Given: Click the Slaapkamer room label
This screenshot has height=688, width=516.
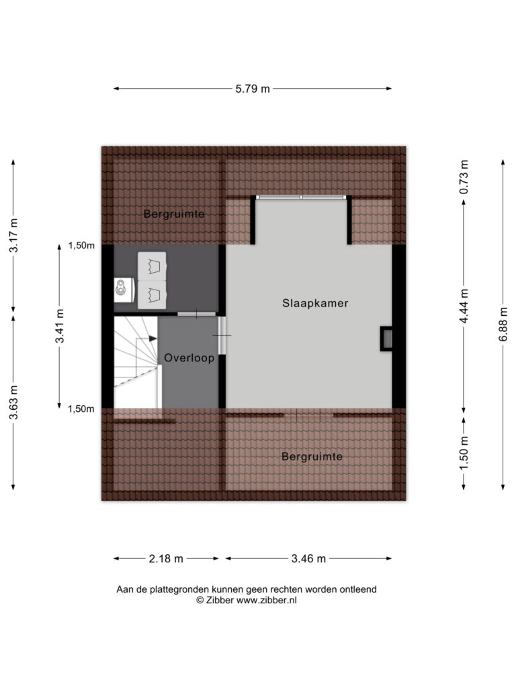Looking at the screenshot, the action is [315, 303].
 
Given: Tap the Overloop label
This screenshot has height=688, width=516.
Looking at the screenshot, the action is [189, 358].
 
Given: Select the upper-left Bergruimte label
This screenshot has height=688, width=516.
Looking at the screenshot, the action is [174, 214].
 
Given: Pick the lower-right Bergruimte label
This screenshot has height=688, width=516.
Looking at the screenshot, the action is [312, 457].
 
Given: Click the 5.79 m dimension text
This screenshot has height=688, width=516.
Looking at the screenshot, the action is [253, 89].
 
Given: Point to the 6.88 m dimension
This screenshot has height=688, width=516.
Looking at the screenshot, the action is [504, 324].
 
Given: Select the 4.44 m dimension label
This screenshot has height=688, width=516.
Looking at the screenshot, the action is [464, 306].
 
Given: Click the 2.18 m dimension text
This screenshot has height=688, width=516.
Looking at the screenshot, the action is [166, 559].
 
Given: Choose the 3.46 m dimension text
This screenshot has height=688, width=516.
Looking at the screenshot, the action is [309, 559].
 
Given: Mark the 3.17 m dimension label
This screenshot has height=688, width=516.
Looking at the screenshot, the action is [13, 235].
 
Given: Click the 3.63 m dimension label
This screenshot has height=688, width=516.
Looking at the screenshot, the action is [13, 402].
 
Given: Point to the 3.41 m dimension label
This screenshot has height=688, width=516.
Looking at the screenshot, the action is [60, 326].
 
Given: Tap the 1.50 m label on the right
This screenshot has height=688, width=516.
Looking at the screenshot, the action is [464, 453].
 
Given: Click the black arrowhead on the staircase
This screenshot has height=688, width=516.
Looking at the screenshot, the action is [153, 339].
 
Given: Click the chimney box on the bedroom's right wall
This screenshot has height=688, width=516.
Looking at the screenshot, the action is [386, 339].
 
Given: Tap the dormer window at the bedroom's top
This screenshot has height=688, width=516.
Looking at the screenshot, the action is [302, 198].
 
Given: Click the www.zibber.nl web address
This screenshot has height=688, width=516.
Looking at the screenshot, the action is [266, 601].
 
